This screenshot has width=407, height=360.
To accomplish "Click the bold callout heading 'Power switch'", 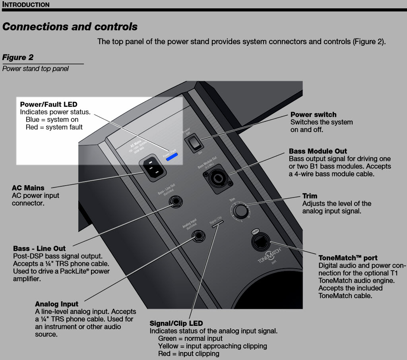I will pyautogui.click(x=313, y=115).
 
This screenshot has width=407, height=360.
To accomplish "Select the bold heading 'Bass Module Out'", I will pyautogui.click(x=318, y=151).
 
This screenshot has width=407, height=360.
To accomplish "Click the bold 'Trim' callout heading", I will pyautogui.click(x=310, y=196).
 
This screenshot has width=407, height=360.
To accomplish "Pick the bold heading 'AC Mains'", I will pyautogui.click(x=28, y=188).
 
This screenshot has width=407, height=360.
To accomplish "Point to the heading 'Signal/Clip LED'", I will pyautogui.click(x=176, y=323).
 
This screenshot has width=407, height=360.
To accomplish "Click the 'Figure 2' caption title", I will pyautogui.click(x=18, y=57).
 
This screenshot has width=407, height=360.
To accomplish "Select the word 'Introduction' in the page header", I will pyautogui.click(x=26, y=5).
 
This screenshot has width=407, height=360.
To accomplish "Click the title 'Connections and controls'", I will pyautogui.click(x=70, y=27).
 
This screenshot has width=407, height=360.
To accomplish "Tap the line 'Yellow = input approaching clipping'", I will pyautogui.click(x=212, y=346).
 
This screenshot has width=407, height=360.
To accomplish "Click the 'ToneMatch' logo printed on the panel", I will pyautogui.click(x=270, y=255).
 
